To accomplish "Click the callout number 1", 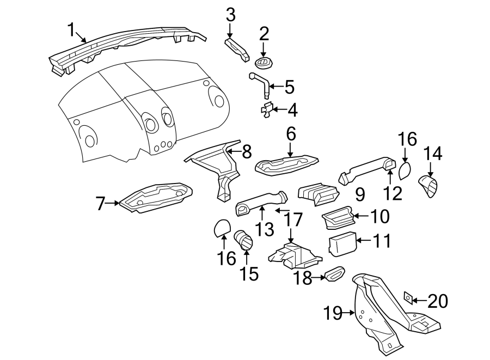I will (71, 29).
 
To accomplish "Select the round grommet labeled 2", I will (264, 63).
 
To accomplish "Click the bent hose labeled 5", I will (260, 84).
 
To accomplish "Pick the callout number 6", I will (291, 134).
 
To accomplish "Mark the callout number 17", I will (292, 220).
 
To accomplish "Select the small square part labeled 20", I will (406, 297).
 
